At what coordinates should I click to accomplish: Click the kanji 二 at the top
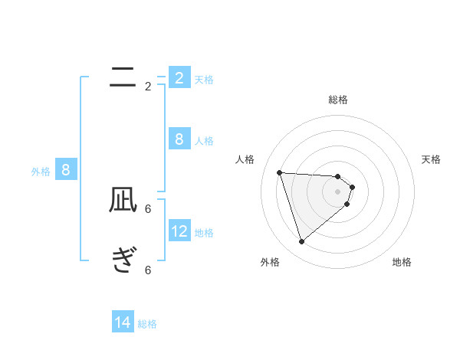point(123,76)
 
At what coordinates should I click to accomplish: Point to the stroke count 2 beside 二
point(148,87)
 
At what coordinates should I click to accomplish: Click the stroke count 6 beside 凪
point(148,208)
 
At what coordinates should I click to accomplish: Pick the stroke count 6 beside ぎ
point(148,270)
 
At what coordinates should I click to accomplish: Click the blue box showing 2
point(179,78)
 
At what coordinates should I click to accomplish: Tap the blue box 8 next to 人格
point(179,139)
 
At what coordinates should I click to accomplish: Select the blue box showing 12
point(180,231)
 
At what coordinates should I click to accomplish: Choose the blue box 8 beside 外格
point(65,170)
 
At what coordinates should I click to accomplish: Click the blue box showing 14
point(123,322)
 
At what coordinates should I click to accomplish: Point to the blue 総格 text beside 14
point(147,324)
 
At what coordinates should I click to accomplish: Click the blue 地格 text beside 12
point(204,233)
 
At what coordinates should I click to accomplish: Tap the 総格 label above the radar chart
point(338,100)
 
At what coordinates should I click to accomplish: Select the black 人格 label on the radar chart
point(245,159)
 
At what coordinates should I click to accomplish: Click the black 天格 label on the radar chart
point(432,159)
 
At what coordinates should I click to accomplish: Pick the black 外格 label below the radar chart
point(270,262)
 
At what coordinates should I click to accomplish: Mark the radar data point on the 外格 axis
point(301,242)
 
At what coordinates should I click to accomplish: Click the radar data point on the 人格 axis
point(279,172)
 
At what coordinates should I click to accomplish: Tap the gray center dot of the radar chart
point(338,191)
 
